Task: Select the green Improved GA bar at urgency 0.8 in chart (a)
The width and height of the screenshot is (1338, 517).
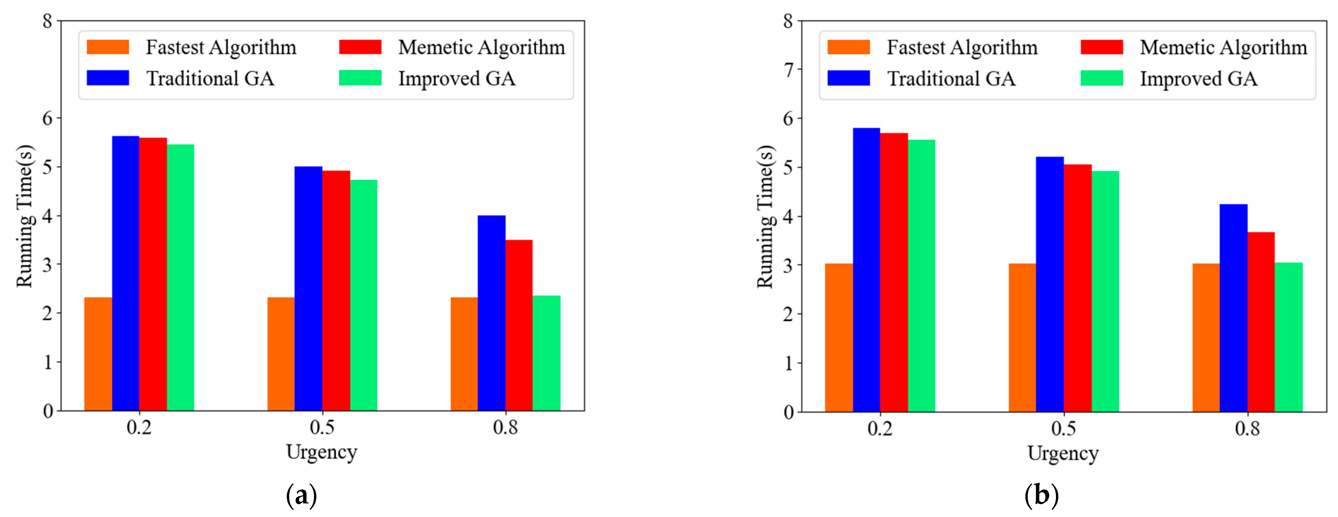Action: pos(546,353)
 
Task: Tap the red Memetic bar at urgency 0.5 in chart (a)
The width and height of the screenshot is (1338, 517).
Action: pos(336,291)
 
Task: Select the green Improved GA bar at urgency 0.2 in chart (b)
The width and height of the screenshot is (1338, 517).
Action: pos(922,275)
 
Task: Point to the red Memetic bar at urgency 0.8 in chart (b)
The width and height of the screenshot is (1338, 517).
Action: pos(1261,322)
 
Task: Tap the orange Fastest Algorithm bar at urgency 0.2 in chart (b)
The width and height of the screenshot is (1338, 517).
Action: pos(839,338)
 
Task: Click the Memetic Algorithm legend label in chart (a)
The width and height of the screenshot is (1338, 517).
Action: pos(482,47)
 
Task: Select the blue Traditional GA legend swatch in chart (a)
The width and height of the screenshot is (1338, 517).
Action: pos(108,78)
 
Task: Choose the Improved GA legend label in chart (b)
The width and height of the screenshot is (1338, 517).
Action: pos(1198,79)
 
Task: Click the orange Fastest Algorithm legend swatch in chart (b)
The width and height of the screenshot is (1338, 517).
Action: pos(848,47)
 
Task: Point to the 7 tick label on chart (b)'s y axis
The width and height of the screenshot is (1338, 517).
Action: pos(788,70)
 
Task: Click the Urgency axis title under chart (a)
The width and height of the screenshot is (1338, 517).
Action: pos(321,452)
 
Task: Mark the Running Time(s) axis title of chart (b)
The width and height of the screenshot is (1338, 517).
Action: pos(765,216)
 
